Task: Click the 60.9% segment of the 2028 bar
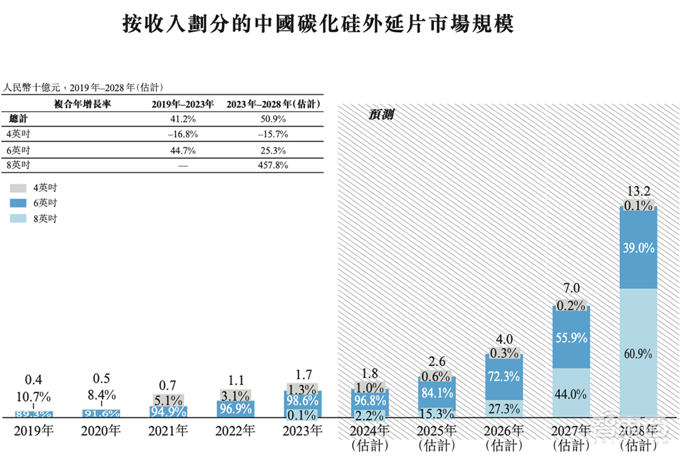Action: pyautogui.click(x=638, y=353)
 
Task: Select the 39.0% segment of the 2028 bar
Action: pyautogui.click(x=638, y=249)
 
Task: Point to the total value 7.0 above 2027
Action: pyautogui.click(x=570, y=289)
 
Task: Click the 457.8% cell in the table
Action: pyautogui.click(x=271, y=165)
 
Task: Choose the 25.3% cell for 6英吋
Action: pyautogui.click(x=271, y=150)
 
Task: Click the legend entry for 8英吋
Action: pyautogui.click(x=45, y=219)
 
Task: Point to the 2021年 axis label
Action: pyautogui.click(x=169, y=431)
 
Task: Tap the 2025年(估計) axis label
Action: pyautogui.click(x=436, y=437)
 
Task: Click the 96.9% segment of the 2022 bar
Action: pyautogui.click(x=236, y=408)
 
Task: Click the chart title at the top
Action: pyautogui.click(x=318, y=25)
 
